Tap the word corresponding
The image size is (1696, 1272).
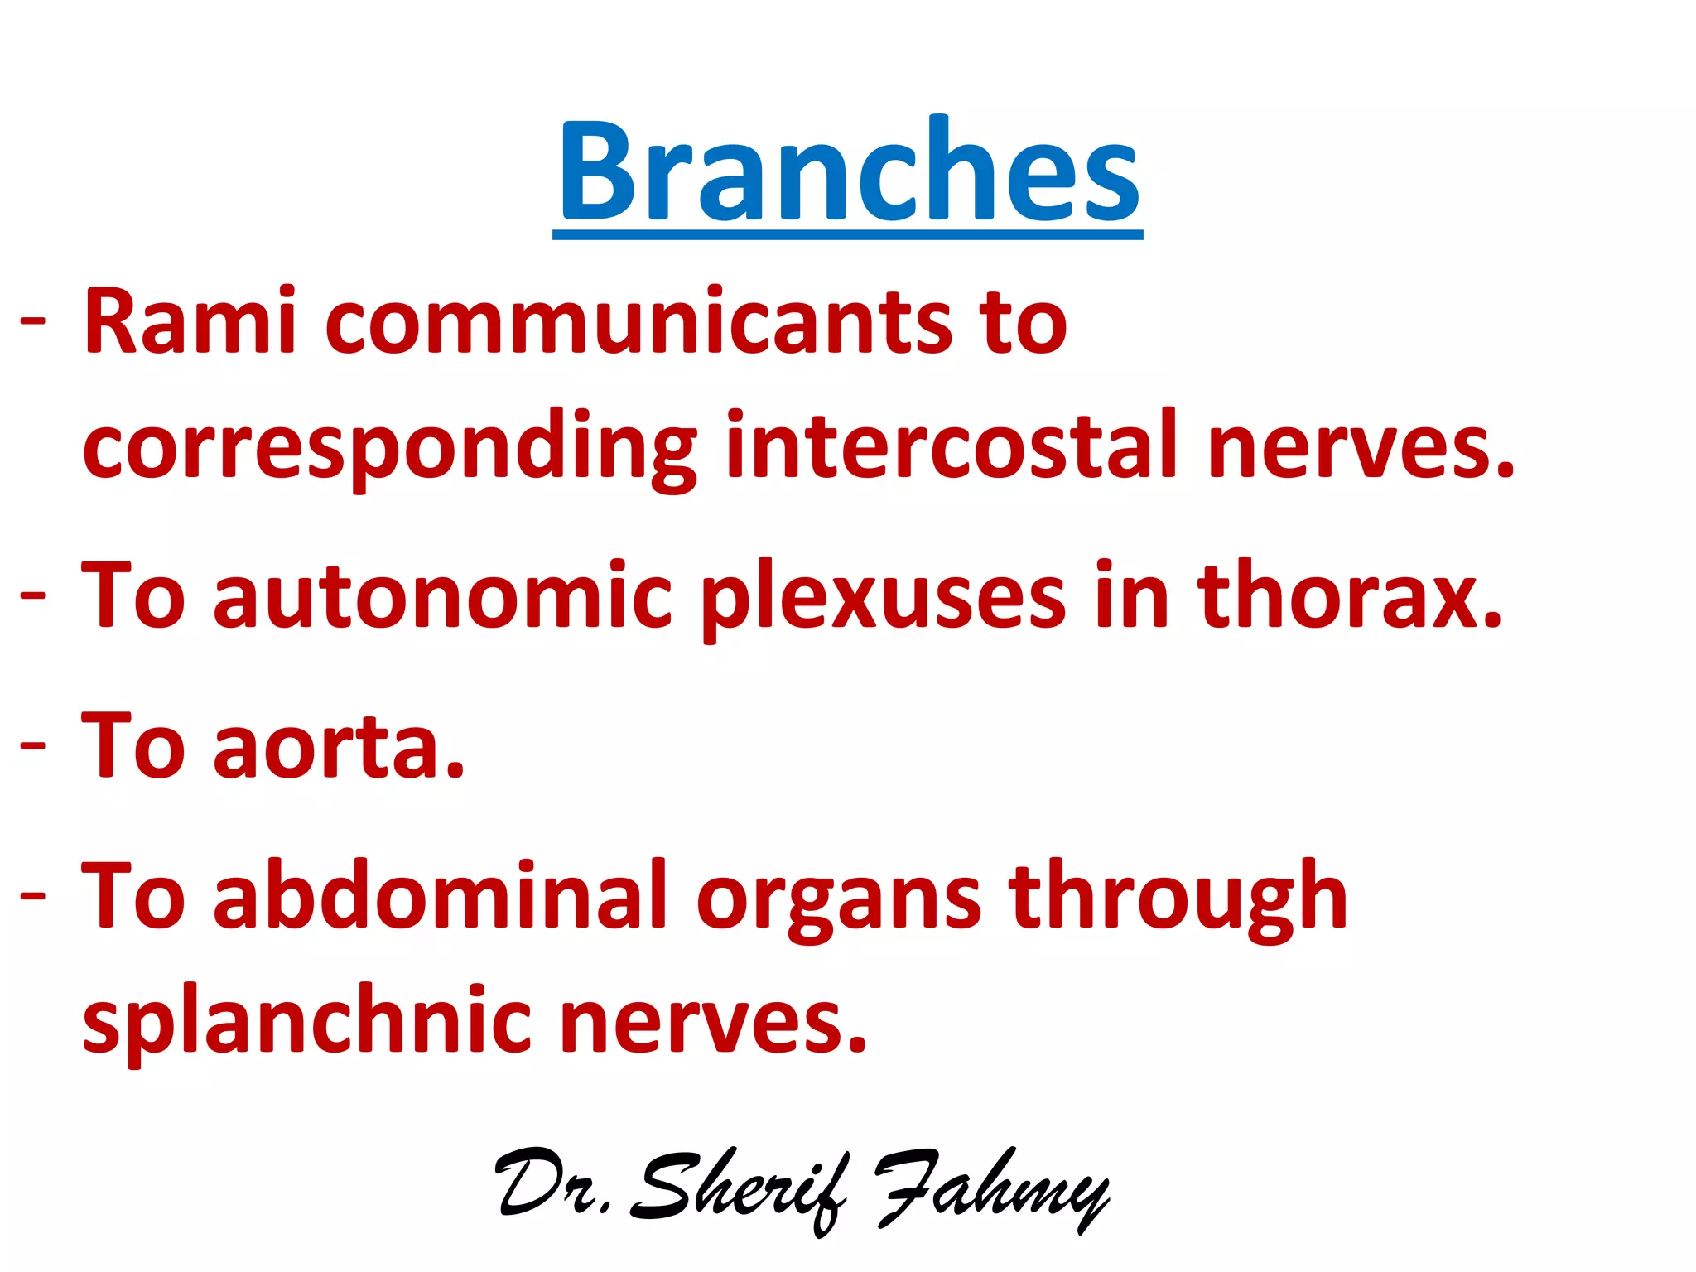(x=390, y=447)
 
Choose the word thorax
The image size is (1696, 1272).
(x=1349, y=595)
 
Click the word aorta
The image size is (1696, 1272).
(x=340, y=748)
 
